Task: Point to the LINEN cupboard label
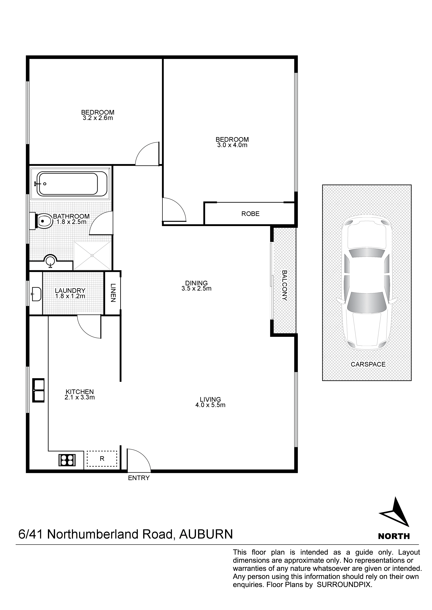coord(113,293)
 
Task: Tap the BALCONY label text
coord(284,285)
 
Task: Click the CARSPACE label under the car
coord(368,364)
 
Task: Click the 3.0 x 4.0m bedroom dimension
coord(232,145)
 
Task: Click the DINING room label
coord(196,283)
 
